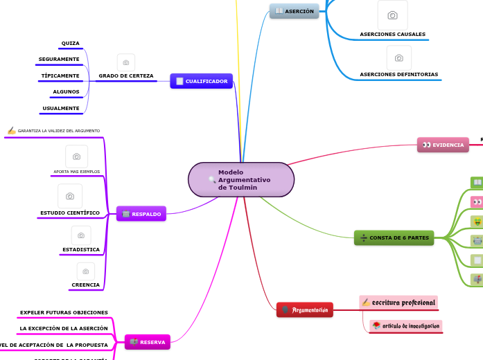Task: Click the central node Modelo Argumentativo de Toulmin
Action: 240,180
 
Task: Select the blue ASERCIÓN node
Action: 294,11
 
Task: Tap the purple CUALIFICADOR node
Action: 201,81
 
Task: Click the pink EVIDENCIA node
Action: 443,145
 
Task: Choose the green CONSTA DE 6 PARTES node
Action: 394,237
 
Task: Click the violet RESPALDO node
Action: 141,214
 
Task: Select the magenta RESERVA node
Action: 147,342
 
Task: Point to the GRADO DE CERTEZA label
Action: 126,75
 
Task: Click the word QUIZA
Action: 70,43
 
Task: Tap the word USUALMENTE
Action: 61,108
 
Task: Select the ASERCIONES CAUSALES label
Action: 392,34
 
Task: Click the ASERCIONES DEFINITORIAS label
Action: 398,74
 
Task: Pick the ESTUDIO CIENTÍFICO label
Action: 70,213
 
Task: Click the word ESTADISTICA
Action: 81,249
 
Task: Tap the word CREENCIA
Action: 85,285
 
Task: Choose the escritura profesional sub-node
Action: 398,303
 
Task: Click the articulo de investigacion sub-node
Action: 405,325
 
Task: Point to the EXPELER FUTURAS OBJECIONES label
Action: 64,312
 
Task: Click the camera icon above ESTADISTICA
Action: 81,235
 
